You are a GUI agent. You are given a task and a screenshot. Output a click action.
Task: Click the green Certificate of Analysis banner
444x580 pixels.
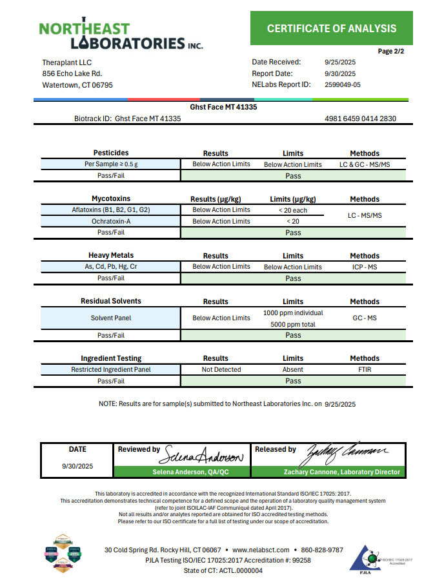coord(332,28)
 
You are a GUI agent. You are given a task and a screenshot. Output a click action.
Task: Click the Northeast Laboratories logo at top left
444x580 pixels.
coord(121,36)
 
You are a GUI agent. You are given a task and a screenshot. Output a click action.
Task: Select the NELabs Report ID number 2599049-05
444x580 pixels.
coord(343,84)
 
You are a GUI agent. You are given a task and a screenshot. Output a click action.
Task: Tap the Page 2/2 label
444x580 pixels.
coord(391,51)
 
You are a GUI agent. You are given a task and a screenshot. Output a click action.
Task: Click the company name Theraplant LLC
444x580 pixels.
coord(67,63)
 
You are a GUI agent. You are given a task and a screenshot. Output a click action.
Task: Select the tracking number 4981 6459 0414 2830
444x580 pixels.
coord(361,119)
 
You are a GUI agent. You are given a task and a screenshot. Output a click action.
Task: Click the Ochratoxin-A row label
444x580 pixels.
coord(110,221)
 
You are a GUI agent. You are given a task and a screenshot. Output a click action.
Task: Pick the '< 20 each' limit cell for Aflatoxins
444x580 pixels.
coord(293,210)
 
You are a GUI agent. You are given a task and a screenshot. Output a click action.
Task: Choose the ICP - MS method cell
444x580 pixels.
coord(365,267)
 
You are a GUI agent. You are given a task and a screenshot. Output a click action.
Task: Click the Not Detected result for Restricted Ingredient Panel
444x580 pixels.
coord(221,370)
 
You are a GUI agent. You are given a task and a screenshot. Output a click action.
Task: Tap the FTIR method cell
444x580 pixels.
coord(365,370)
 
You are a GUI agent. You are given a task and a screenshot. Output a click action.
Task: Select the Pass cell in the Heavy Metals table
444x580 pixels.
coord(293,278)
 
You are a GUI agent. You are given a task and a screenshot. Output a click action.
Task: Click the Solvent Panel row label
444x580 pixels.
coord(110,318)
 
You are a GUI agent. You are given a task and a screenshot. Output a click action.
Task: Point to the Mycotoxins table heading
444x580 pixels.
coord(111,199)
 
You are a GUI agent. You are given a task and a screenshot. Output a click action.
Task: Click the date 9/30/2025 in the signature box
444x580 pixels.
coord(77,466)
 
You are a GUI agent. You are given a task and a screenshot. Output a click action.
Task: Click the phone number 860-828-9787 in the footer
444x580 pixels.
coord(322,550)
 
